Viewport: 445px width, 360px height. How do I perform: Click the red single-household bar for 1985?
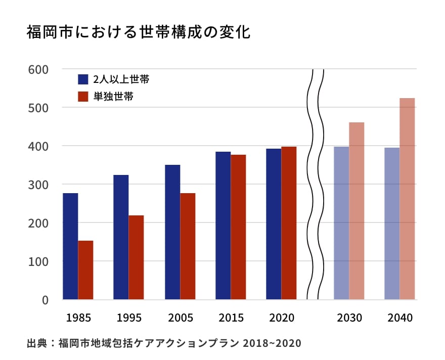pos(85,270)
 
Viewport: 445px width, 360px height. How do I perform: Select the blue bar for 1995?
pos(121,237)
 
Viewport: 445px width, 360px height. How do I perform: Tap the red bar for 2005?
pos(188,246)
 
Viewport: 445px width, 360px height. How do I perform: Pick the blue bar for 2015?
pos(223,226)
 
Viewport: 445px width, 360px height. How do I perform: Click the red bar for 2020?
pos(289,223)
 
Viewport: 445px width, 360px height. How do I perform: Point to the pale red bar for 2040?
pos(407,198)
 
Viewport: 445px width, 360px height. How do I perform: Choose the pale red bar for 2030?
pos(357,211)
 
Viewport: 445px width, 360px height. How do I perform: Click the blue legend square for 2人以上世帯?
pos(83,79)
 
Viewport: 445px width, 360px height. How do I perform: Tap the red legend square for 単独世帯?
pos(83,96)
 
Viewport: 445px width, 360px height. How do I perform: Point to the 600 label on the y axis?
pos(38,69)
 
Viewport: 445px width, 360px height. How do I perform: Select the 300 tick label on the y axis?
pos(38,185)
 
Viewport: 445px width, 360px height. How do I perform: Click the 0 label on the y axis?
pos(45,300)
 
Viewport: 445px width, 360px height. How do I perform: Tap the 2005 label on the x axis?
pos(181,318)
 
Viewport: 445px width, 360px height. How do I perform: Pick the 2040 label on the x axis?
pos(400,318)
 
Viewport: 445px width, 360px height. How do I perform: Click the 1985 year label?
pos(78,318)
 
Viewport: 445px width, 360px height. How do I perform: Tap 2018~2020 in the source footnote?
pos(272,344)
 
